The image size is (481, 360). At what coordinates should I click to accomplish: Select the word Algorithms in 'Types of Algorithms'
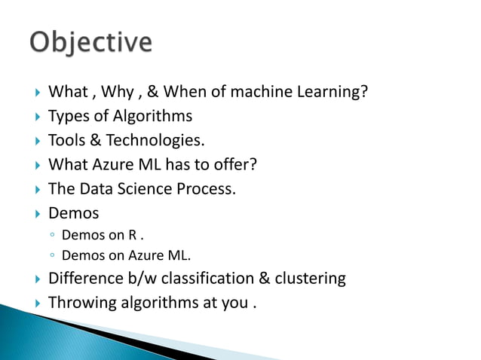point(154,116)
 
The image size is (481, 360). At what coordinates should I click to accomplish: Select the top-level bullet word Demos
point(73,213)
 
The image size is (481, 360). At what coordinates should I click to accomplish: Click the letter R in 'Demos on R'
point(133,235)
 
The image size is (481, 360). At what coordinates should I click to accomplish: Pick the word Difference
point(84,279)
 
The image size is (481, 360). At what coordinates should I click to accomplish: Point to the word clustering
point(310,279)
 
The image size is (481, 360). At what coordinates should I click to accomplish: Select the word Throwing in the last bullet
point(83,303)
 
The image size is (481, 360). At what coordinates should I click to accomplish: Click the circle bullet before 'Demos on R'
point(54,235)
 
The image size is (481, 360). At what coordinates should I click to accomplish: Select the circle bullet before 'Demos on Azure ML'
point(54,255)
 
